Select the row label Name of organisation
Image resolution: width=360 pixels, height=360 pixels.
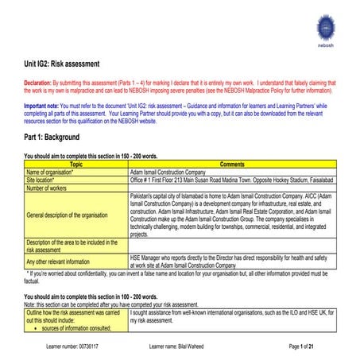[x=51, y=171]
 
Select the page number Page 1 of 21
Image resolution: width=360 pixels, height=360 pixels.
[x=307, y=347]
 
